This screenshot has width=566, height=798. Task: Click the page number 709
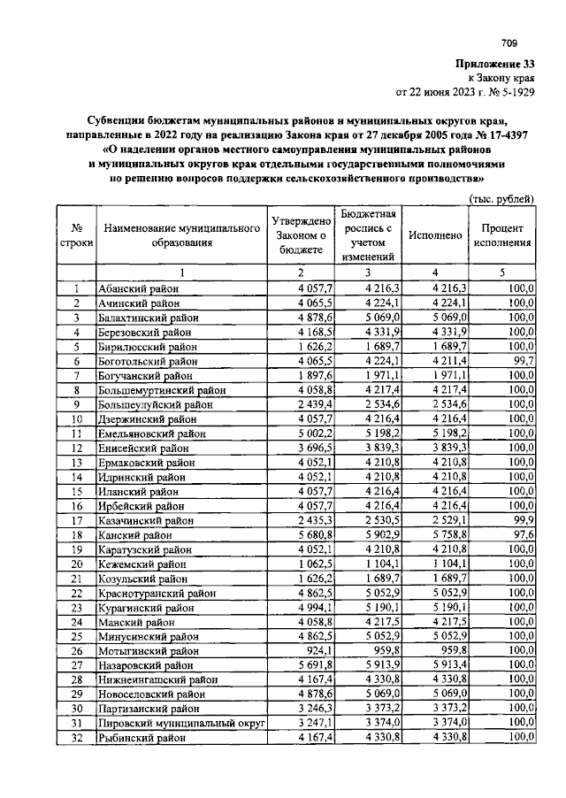tap(509, 42)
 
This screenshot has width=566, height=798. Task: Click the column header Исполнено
tap(435, 235)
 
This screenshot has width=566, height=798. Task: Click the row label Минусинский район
tap(149, 636)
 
